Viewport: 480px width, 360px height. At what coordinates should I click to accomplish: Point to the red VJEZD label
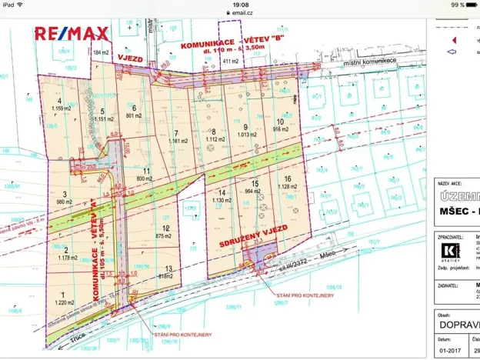(132, 58)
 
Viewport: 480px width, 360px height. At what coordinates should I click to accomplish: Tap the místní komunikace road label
(370, 61)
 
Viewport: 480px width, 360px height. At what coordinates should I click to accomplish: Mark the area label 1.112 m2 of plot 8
(215, 140)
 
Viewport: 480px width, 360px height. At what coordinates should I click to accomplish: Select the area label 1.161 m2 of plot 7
(178, 141)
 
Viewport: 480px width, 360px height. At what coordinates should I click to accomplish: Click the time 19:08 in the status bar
(240, 5)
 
